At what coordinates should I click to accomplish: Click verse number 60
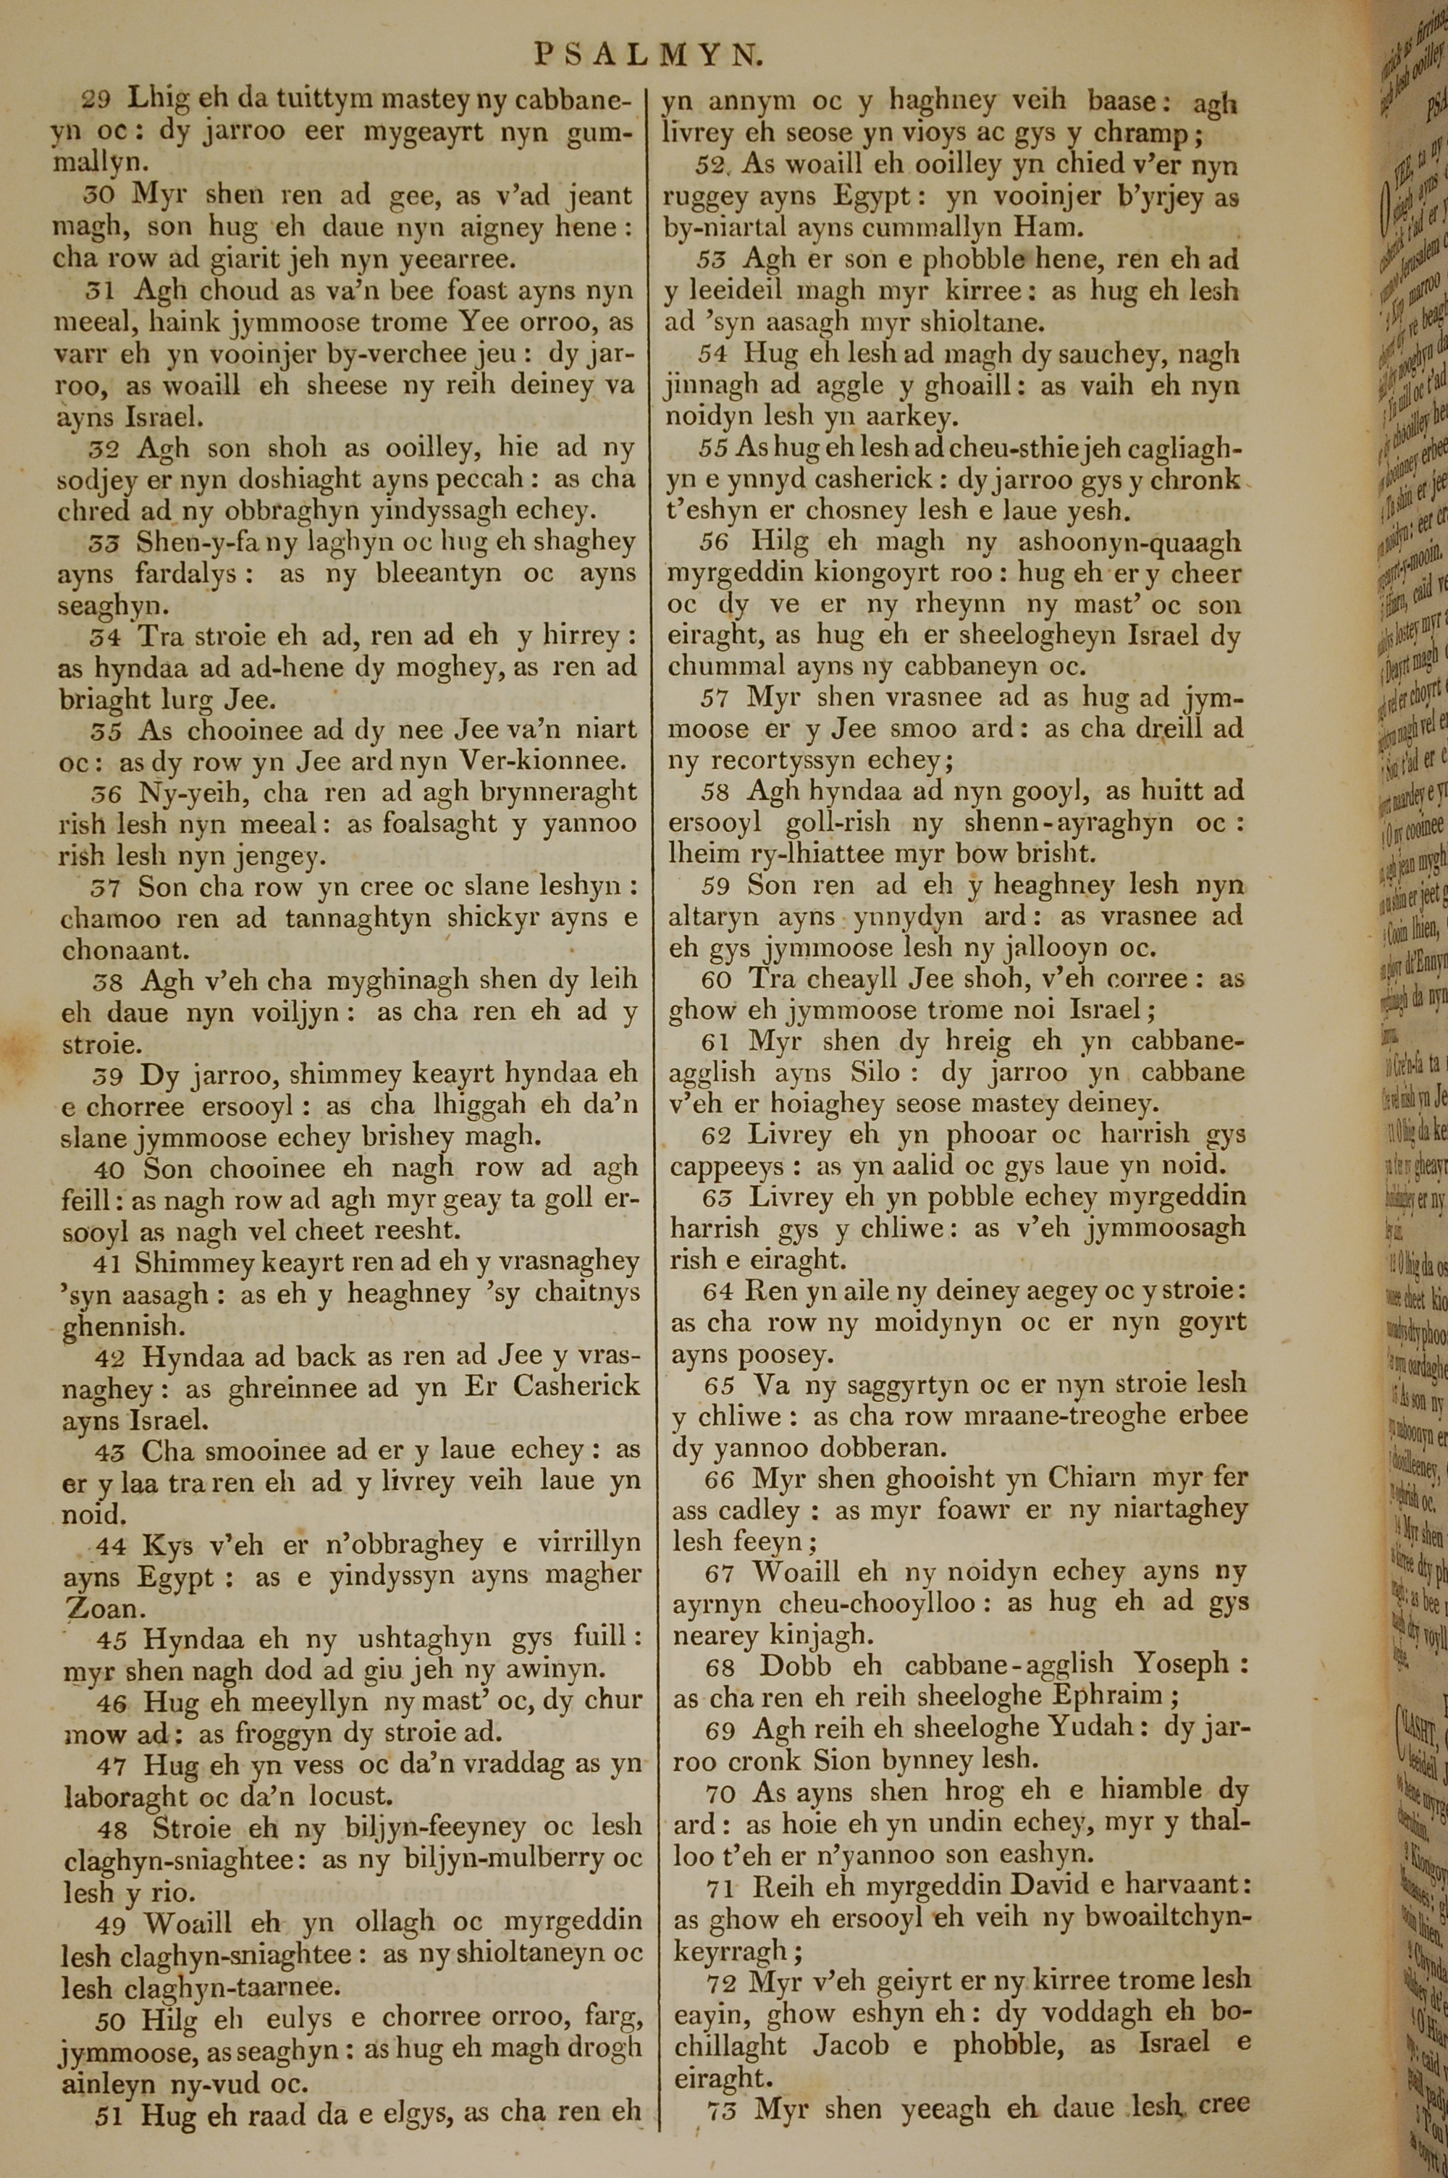716,980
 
